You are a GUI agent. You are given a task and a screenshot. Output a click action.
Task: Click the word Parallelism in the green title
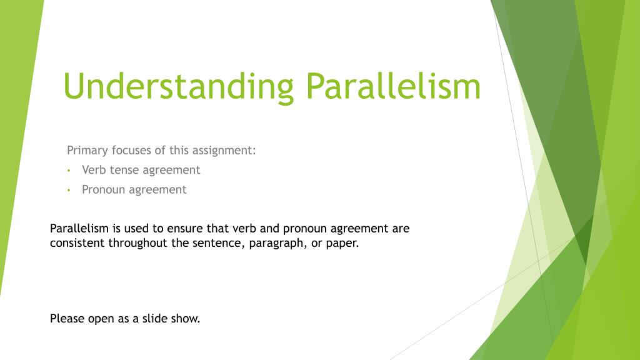point(394,86)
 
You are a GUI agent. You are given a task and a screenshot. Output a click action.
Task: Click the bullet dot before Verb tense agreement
point(69,171)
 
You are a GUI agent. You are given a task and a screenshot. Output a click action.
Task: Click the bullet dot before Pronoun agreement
point(69,190)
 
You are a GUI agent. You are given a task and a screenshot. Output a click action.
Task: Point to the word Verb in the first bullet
point(94,170)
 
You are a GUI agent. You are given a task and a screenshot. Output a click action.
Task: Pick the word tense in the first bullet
point(124,170)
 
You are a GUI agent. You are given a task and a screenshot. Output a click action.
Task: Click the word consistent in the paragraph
point(77,243)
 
